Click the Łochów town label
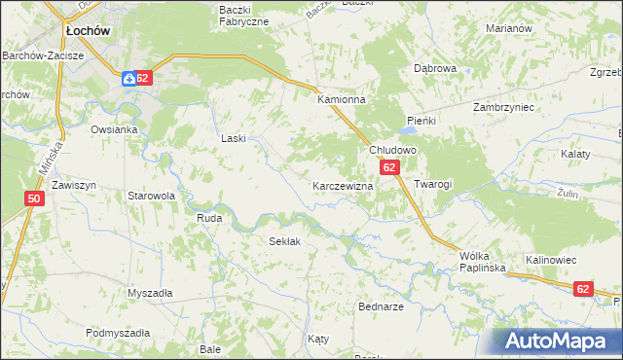click(86, 31)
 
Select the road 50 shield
click(34, 198)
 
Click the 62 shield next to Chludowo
click(389, 168)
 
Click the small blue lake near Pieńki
click(407, 131)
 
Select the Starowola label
click(151, 196)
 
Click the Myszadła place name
click(150, 293)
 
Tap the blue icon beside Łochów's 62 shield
click(128, 79)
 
